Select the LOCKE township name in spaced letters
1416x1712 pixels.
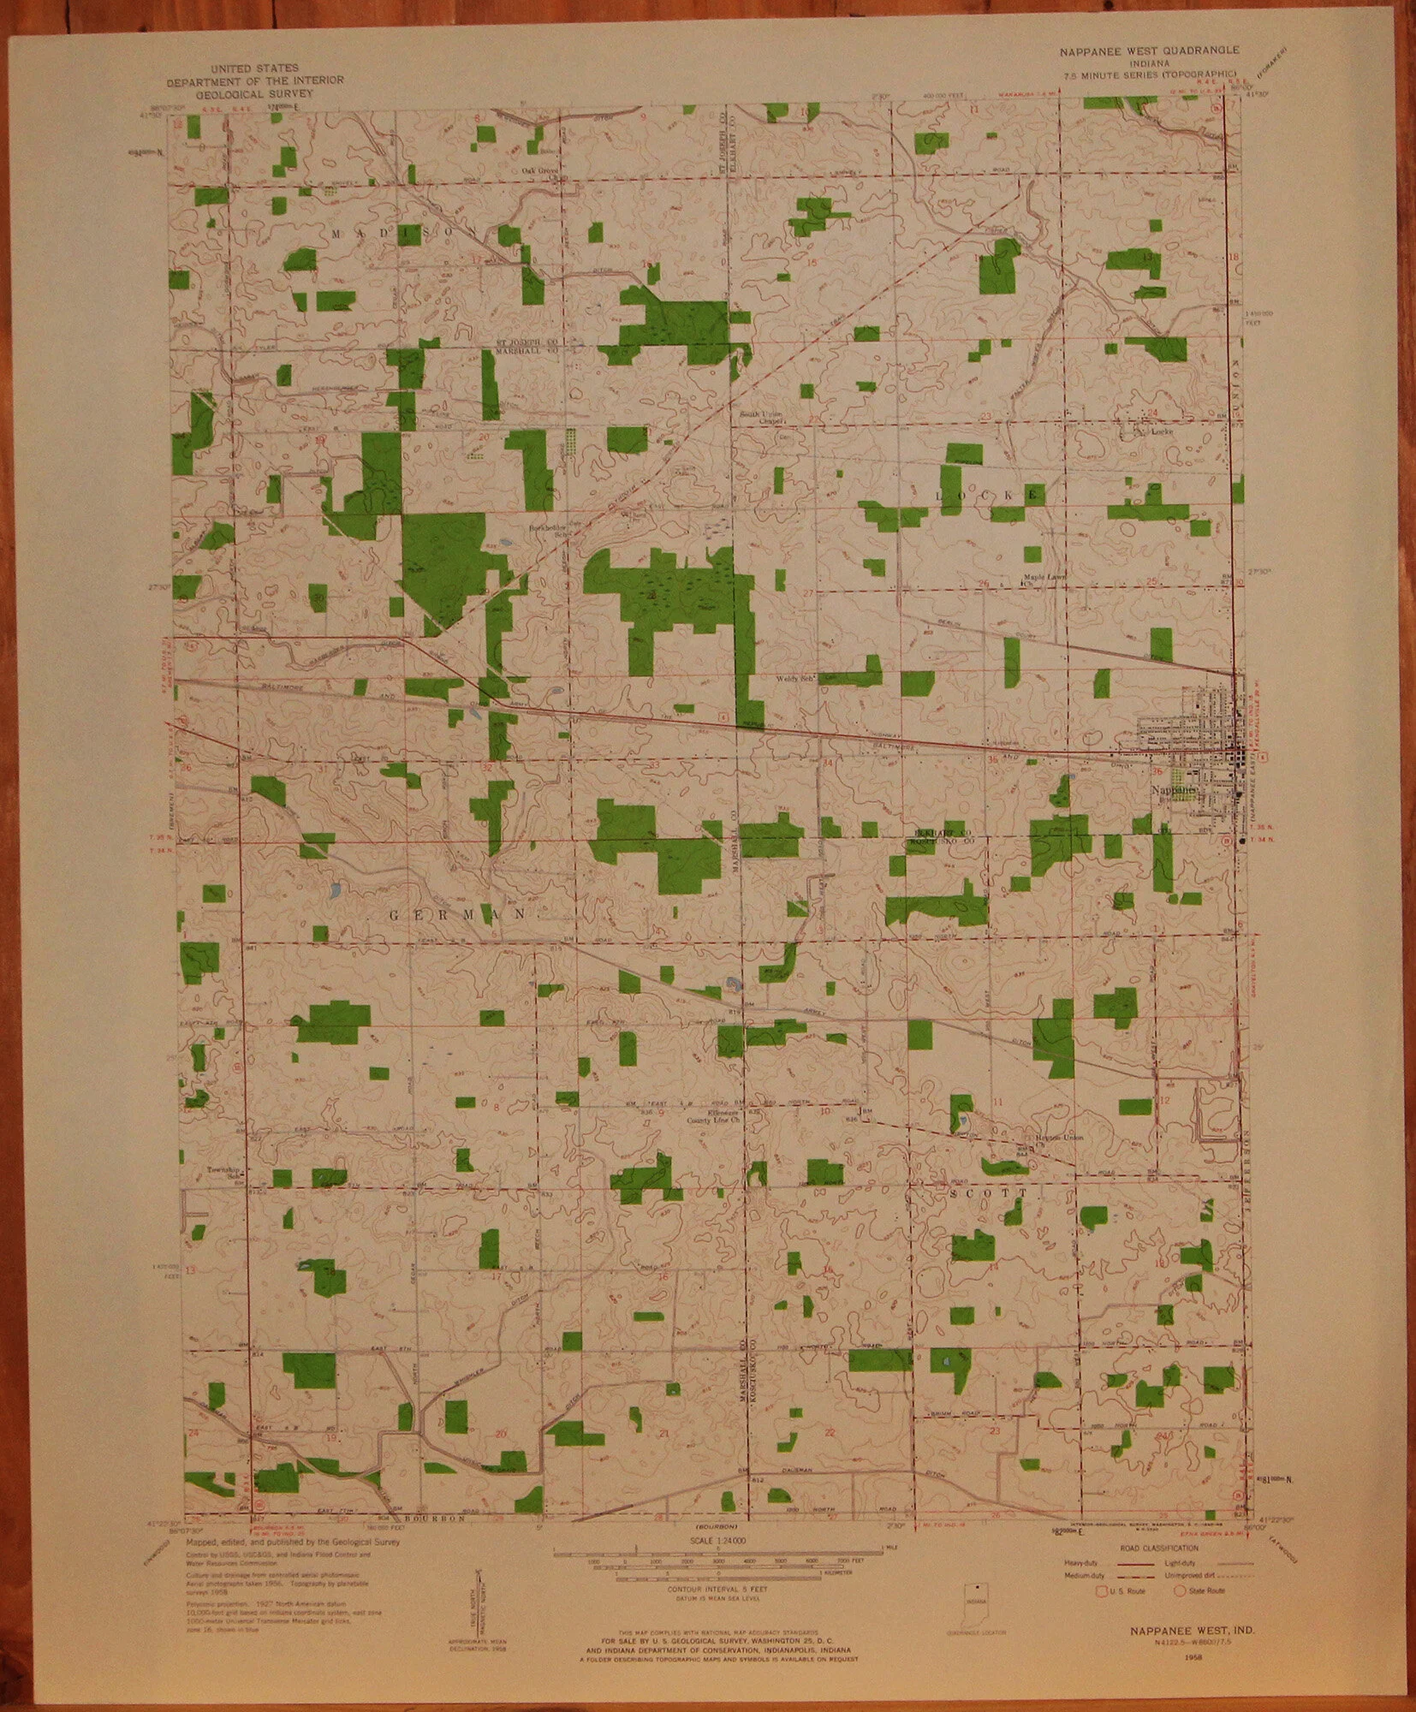pyautogui.click(x=988, y=496)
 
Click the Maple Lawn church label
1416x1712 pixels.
pyautogui.click(x=1042, y=578)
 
